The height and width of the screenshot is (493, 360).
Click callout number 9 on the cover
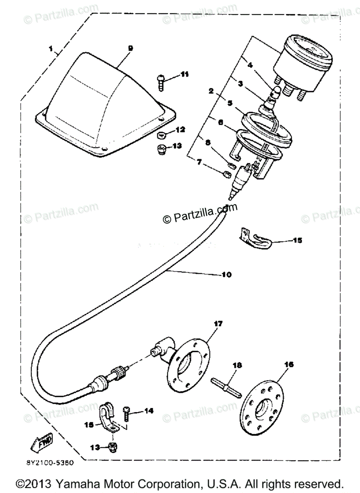[x=131, y=48]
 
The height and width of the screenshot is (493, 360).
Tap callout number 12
[x=181, y=130]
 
